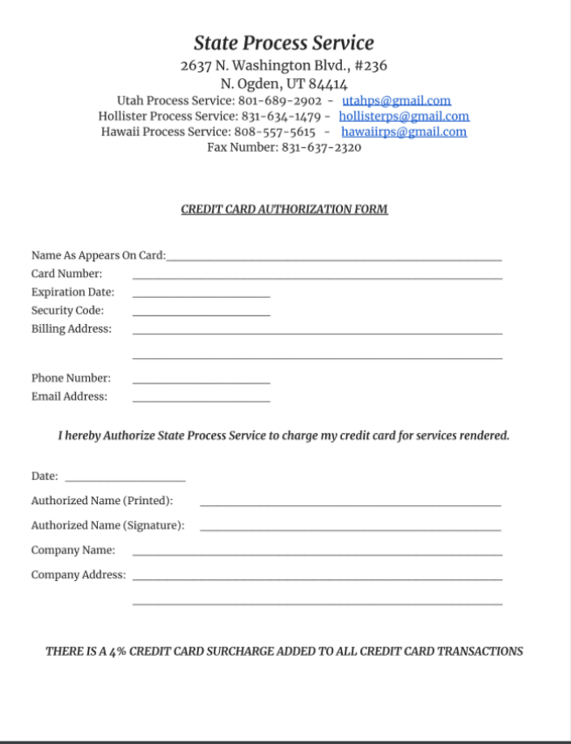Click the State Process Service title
tap(284, 43)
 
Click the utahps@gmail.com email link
tap(396, 101)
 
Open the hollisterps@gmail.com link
tap(404, 116)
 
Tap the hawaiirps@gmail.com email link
tap(404, 132)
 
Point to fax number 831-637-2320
tap(321, 147)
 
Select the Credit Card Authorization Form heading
tap(285, 209)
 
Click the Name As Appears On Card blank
tap(333, 257)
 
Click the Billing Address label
tap(72, 330)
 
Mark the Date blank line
tap(125, 478)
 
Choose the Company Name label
tap(73, 550)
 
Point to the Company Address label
tap(78, 575)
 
